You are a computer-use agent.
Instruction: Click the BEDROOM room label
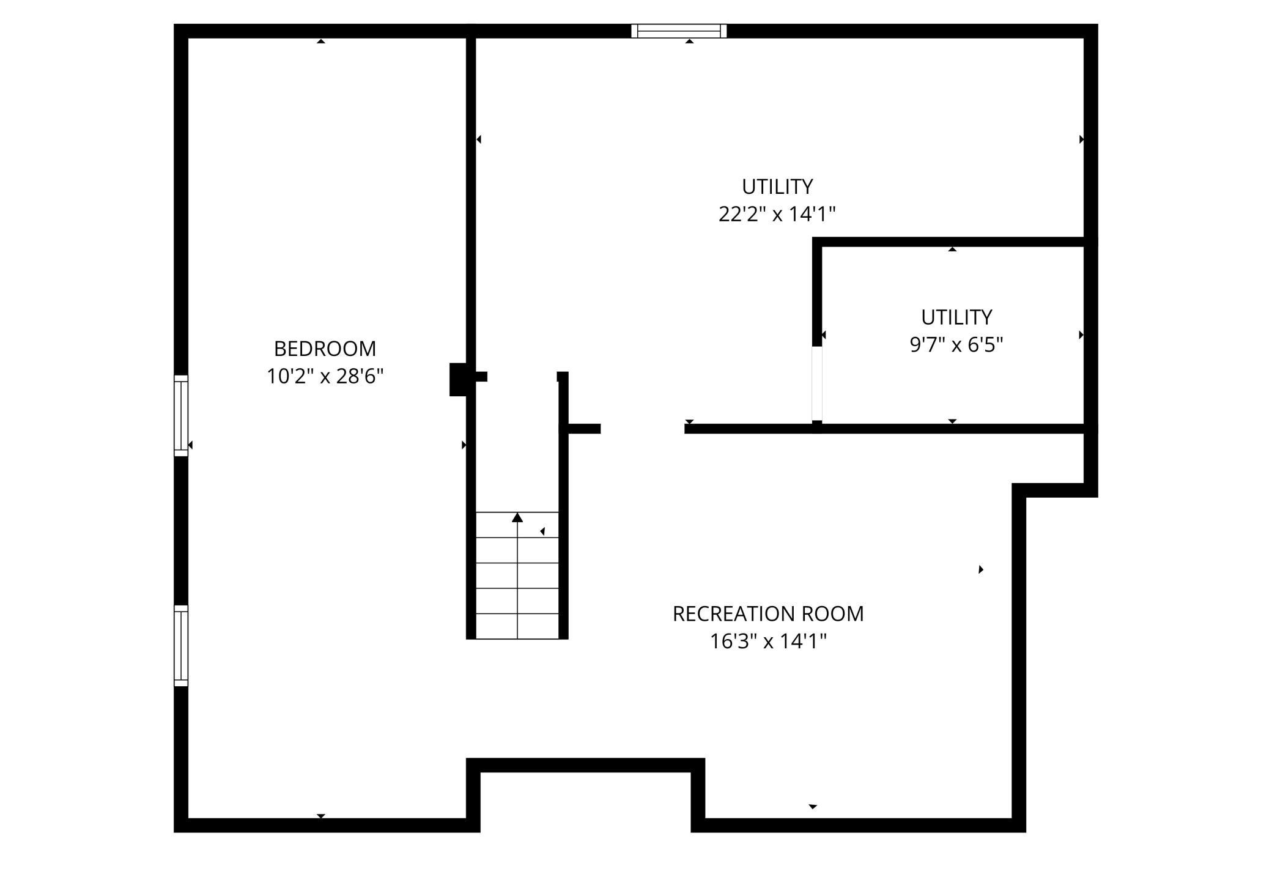pyautogui.click(x=325, y=349)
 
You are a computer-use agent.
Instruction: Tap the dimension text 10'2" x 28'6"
pyautogui.click(x=325, y=376)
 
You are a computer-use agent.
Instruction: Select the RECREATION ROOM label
pyautogui.click(x=768, y=613)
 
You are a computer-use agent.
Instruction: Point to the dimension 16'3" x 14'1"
pyautogui.click(x=768, y=641)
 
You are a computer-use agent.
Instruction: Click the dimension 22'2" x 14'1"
pyautogui.click(x=777, y=214)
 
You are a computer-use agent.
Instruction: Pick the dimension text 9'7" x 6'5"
pyautogui.click(x=956, y=345)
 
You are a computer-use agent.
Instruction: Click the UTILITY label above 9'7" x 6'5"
pyautogui.click(x=956, y=317)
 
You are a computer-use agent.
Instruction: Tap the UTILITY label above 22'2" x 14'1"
pyautogui.click(x=777, y=186)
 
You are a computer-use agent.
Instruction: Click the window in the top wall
pyautogui.click(x=679, y=31)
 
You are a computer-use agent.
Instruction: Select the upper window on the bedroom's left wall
pyautogui.click(x=181, y=416)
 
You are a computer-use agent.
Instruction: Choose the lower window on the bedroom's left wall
pyautogui.click(x=181, y=645)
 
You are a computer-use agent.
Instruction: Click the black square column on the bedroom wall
pyautogui.click(x=459, y=380)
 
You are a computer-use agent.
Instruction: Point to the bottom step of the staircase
pyautogui.click(x=517, y=626)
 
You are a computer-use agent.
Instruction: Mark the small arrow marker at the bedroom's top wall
pyautogui.click(x=321, y=41)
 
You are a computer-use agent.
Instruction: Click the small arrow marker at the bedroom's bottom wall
pyautogui.click(x=321, y=816)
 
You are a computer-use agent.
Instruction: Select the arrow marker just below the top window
pyautogui.click(x=690, y=41)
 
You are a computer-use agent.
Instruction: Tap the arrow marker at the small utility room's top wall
pyautogui.click(x=952, y=249)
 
